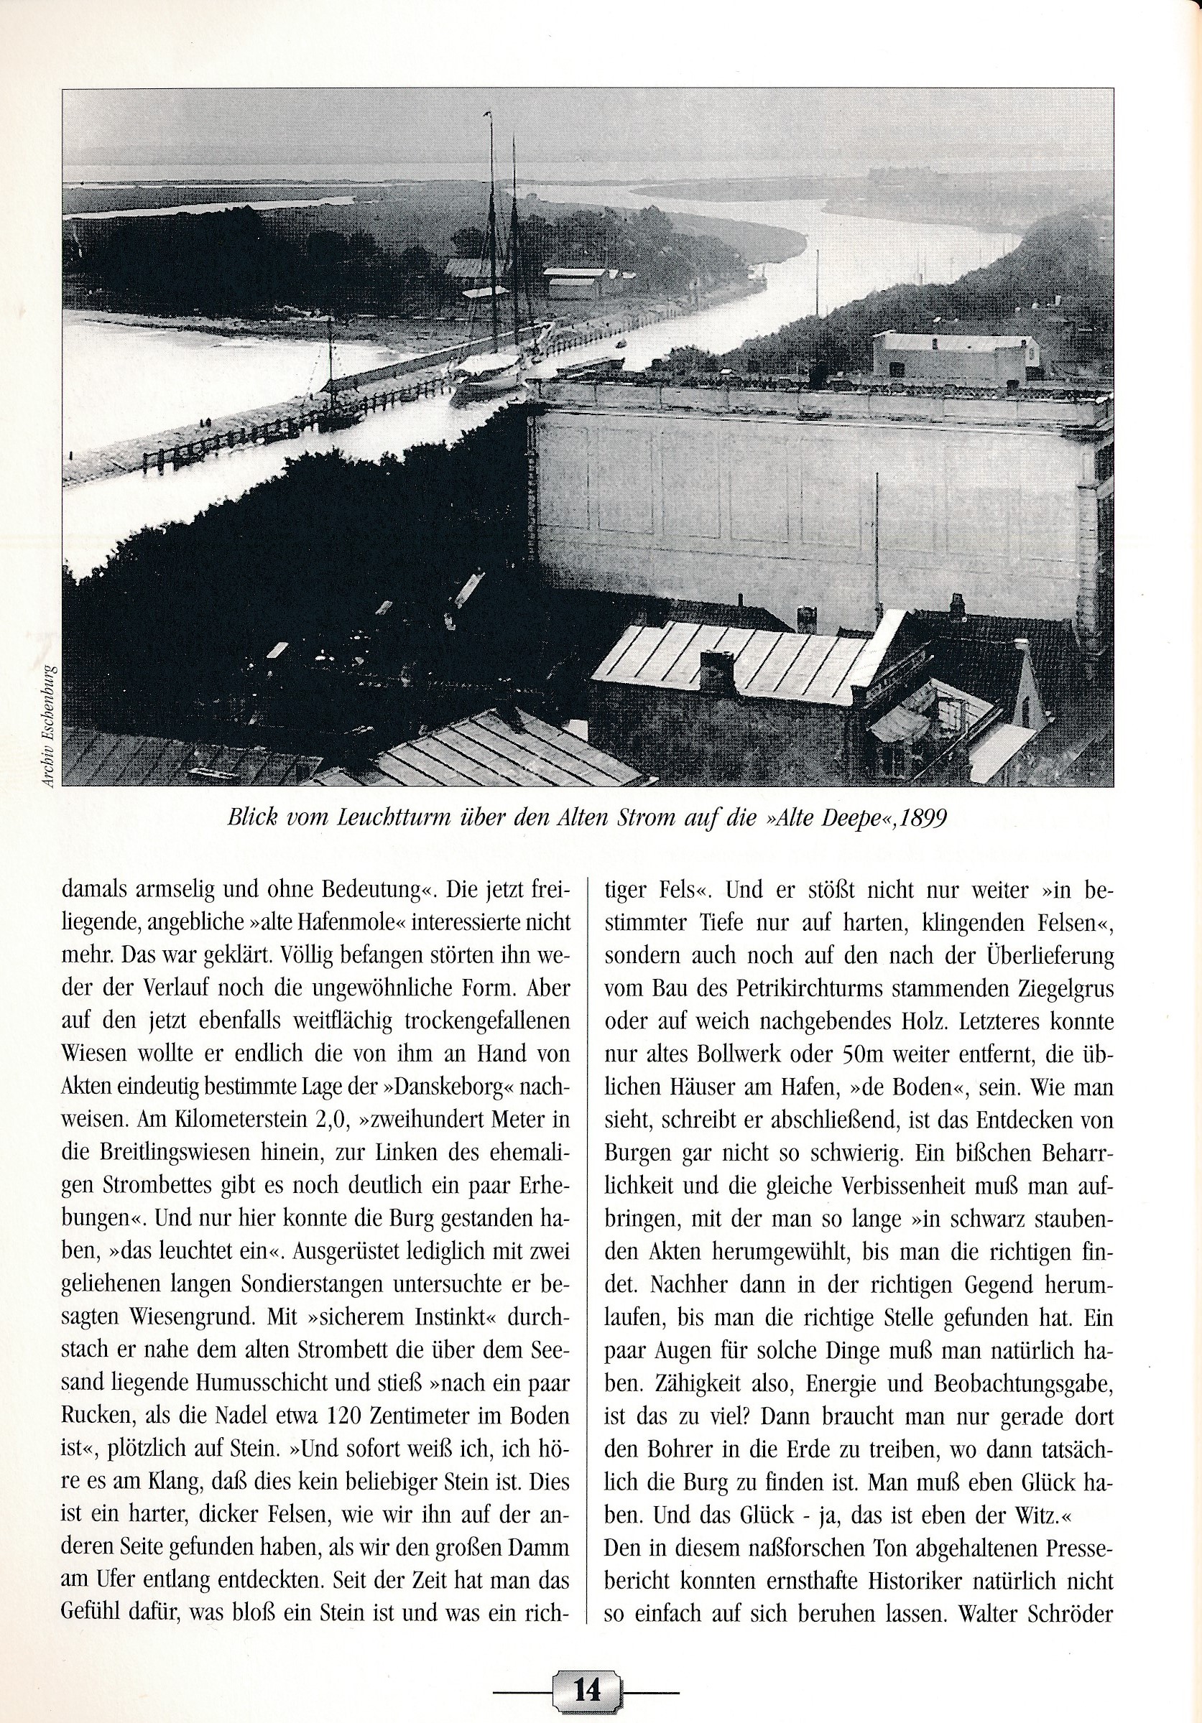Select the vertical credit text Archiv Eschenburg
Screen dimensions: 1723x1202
pos(47,725)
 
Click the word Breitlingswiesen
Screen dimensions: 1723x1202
pos(172,1153)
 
